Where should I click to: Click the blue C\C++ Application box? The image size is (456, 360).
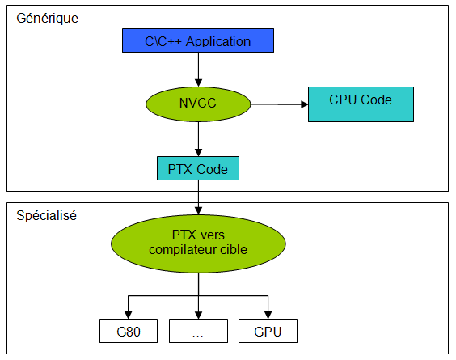198,40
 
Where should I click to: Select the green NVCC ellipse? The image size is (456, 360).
198,104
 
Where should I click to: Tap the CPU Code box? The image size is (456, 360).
361,104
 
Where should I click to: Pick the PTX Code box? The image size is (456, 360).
198,168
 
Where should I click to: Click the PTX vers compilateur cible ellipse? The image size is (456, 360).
198,244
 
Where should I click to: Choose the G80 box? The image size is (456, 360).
129,331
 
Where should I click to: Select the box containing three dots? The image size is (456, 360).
198,331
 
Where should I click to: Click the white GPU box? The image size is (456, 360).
268,331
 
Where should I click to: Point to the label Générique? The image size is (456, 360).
47,19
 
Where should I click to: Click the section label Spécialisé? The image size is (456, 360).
46,216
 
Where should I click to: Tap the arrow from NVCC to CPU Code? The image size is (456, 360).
280,104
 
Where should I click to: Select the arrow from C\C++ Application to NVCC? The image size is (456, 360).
198,70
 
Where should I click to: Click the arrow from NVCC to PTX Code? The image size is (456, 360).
198,139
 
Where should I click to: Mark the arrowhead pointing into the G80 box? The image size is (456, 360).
129,316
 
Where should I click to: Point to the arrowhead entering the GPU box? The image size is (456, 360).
268,316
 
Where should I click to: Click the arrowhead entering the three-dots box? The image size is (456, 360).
198,316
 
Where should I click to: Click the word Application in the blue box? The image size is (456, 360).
218,41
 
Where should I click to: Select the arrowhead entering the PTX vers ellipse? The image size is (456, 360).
198,211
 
